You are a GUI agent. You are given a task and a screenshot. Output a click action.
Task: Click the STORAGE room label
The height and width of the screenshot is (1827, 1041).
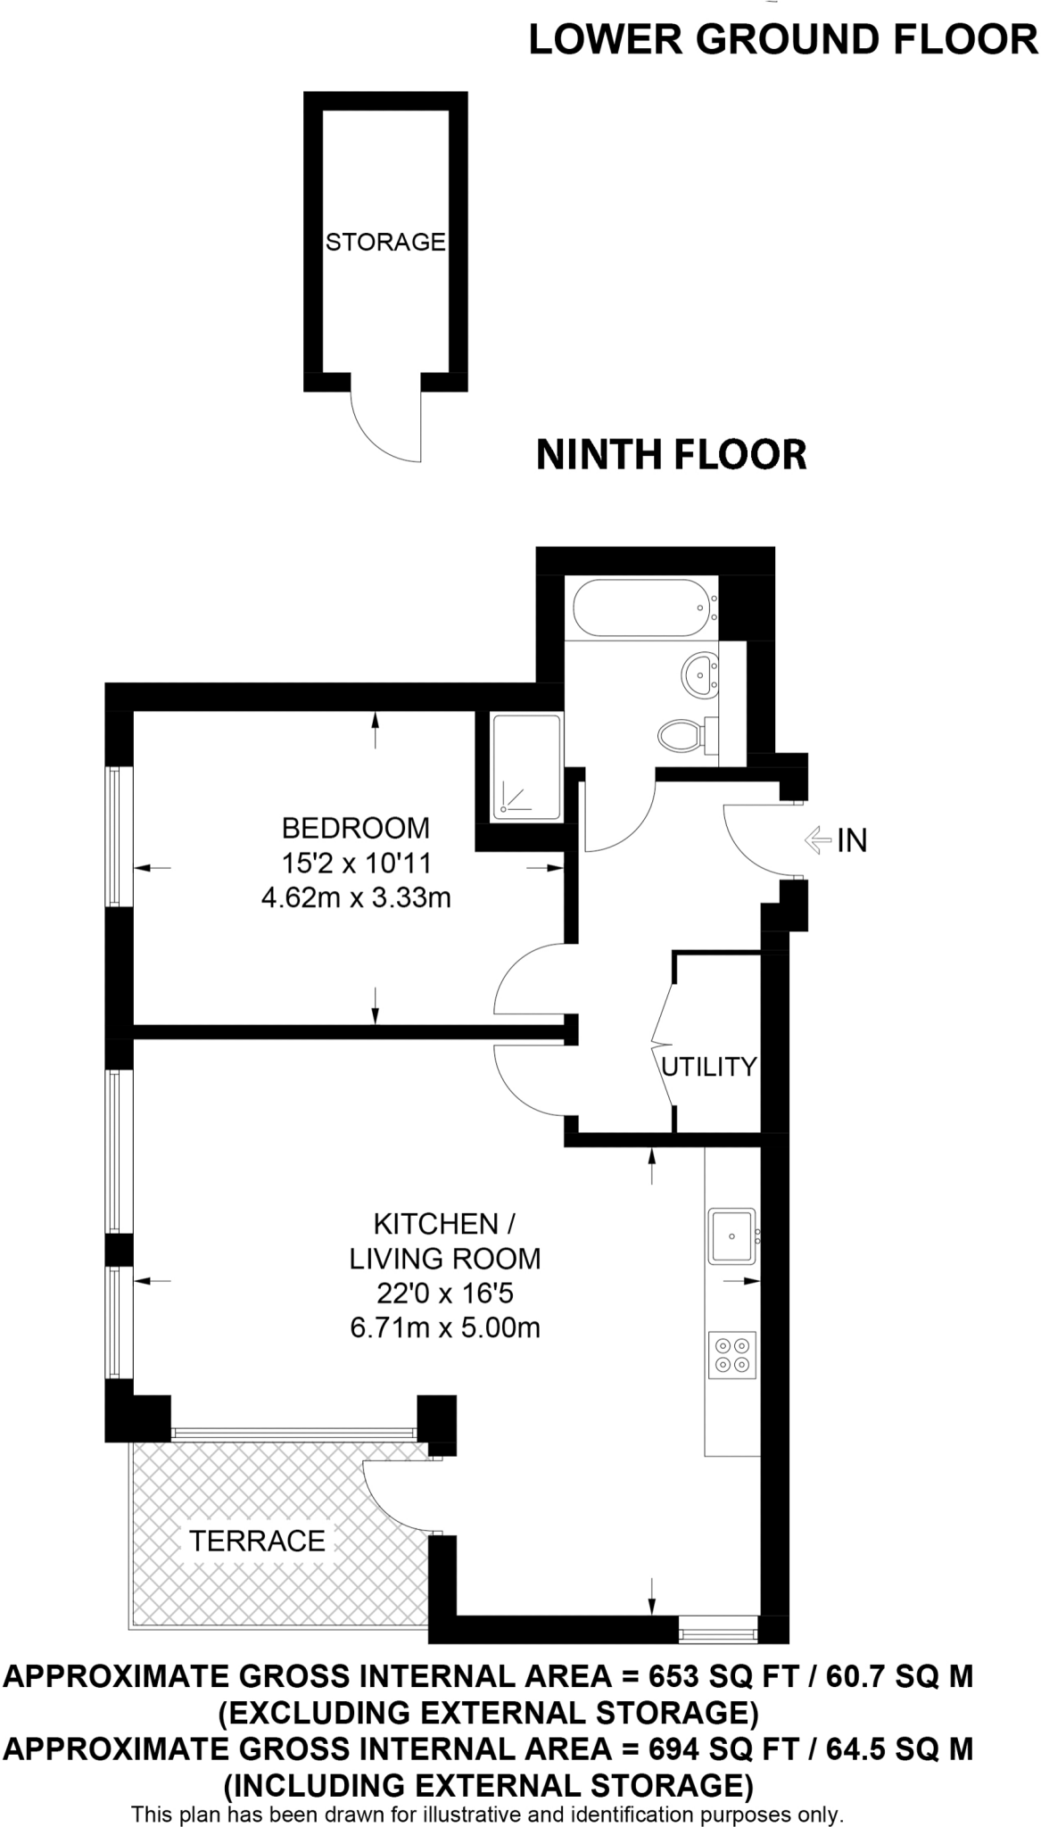[385, 242]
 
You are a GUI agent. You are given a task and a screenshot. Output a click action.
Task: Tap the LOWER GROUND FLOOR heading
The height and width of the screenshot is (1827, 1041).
[783, 40]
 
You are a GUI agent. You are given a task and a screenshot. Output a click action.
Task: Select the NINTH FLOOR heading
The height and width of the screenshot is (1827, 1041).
[671, 454]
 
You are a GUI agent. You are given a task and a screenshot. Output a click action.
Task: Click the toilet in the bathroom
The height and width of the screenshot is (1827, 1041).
[682, 736]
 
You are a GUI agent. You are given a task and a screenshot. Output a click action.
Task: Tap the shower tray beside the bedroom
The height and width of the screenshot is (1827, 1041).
[527, 766]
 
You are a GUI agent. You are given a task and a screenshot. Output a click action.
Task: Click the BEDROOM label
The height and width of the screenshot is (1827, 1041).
[355, 828]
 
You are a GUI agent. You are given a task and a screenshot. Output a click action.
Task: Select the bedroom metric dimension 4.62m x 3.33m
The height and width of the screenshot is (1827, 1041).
[355, 897]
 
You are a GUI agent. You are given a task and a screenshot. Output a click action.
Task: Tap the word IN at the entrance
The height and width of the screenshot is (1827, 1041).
[852, 840]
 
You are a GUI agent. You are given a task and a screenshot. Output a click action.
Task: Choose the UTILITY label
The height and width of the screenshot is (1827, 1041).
[708, 1066]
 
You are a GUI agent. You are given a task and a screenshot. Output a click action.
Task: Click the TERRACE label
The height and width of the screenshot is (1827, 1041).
[257, 1540]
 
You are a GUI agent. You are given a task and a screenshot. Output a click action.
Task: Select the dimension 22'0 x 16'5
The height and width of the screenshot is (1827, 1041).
[444, 1293]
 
